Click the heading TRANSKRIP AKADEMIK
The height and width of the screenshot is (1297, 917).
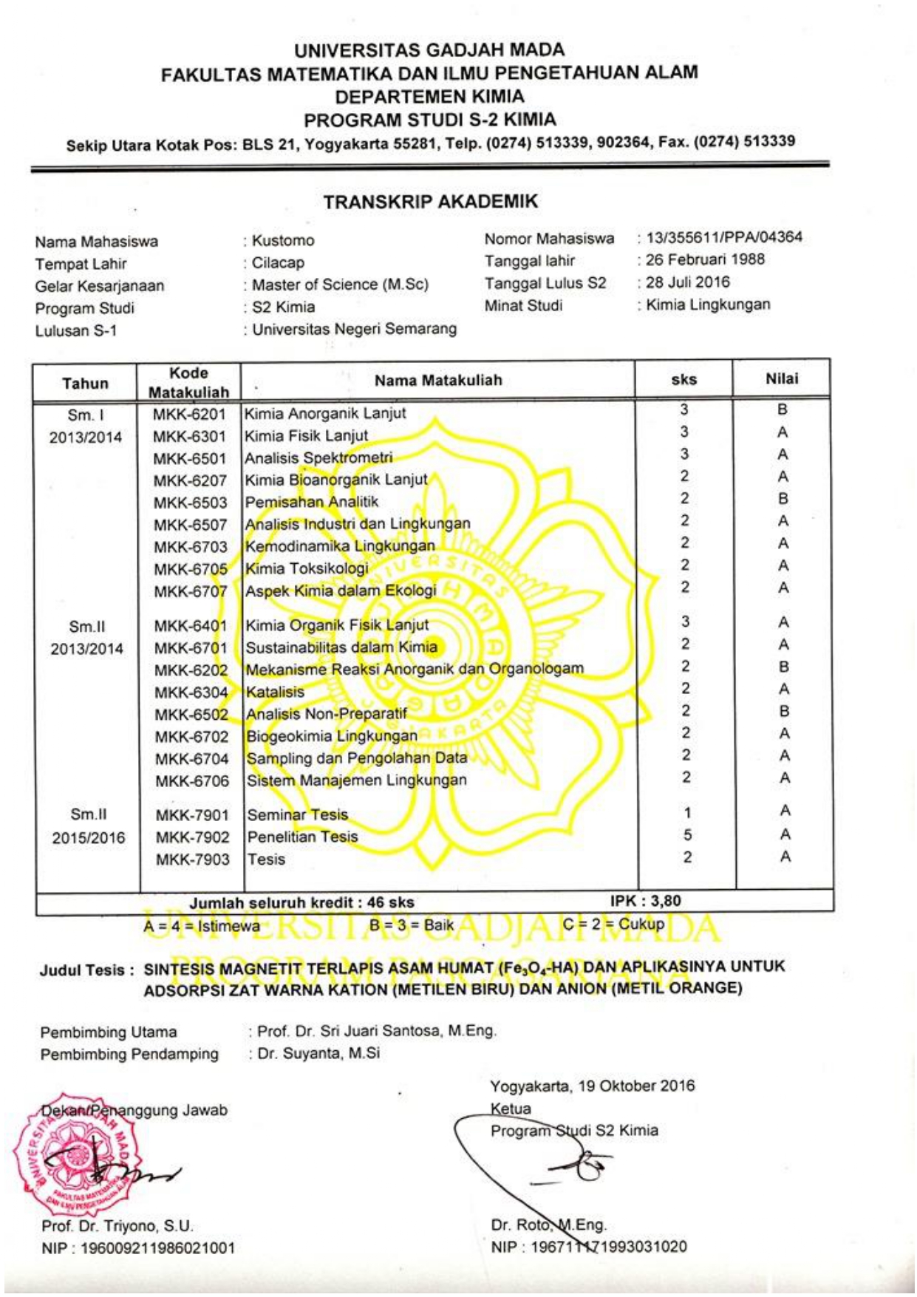tap(430, 202)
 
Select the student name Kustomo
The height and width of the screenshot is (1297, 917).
tap(283, 241)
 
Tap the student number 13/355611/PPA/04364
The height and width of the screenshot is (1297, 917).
tap(723, 237)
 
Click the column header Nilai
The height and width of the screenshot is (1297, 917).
tap(782, 378)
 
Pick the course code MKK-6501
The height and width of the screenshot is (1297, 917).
tap(190, 458)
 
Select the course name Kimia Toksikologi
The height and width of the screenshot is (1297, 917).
tap(307, 568)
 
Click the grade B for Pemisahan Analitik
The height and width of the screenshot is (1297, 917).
tap(783, 499)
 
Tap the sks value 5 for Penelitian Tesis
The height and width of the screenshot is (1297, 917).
tap(687, 835)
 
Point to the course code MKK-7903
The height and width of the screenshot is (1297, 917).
tap(192, 859)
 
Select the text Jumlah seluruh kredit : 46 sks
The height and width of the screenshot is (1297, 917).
tap(301, 902)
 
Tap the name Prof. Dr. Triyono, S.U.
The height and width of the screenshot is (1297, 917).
tap(117, 1226)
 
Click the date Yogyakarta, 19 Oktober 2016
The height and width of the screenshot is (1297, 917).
tap(592, 1086)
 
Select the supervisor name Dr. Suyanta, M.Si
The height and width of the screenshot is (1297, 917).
tap(318, 1053)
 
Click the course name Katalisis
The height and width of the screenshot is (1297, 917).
tap(275, 692)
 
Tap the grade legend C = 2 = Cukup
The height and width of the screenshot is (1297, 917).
tap(613, 925)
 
